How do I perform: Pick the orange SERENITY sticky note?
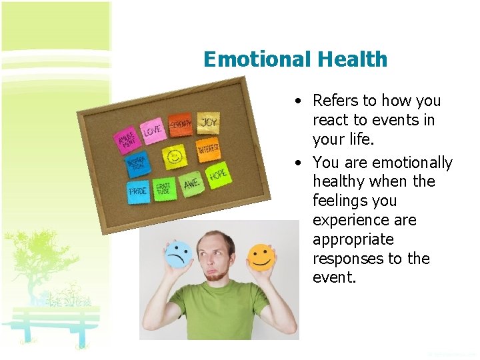pos(180,124)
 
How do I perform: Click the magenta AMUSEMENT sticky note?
pos(127,141)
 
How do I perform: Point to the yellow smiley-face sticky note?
pos(175,157)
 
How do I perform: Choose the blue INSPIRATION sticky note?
pos(137,165)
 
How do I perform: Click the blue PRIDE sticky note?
pos(139,191)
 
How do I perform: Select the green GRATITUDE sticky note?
pos(164,189)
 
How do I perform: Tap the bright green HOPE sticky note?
pos(218,175)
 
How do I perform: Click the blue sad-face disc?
pos(179,253)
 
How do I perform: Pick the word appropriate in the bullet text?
pos(353,239)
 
